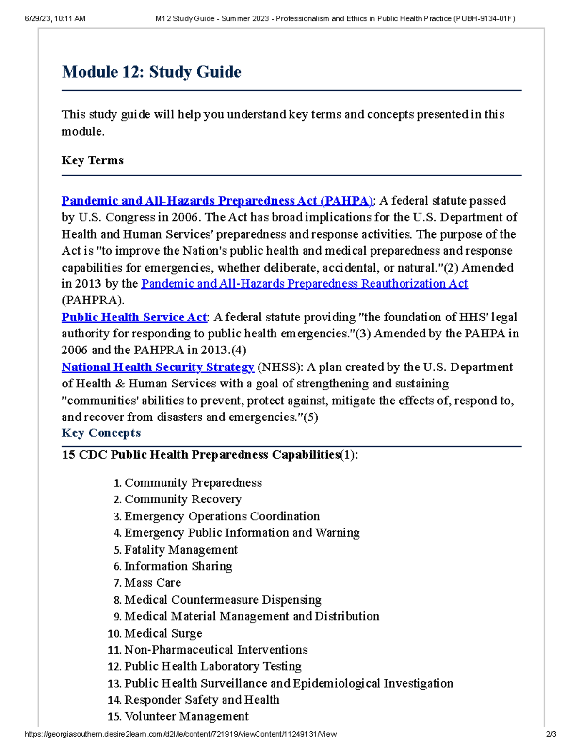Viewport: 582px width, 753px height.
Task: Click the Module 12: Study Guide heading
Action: [x=151, y=72]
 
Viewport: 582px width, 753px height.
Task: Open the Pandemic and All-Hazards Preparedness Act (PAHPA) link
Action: [x=217, y=201]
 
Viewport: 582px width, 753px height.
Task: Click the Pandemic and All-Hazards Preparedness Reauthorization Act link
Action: [x=304, y=284]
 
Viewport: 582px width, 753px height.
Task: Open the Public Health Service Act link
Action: [x=134, y=317]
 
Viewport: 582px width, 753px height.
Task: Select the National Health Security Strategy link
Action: [x=158, y=367]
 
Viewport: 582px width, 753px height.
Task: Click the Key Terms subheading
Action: [x=92, y=160]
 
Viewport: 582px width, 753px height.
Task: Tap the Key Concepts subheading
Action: [x=101, y=433]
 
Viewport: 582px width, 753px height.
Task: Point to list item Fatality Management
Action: [x=180, y=550]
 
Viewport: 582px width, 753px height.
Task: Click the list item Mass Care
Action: [x=152, y=583]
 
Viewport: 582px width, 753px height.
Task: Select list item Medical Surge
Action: [x=163, y=633]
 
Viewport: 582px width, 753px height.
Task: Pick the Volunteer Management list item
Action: [x=186, y=716]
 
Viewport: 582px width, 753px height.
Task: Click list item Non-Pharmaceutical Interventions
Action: [x=216, y=650]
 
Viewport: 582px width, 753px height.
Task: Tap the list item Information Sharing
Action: [x=178, y=566]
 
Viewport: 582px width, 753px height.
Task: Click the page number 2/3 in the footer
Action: [x=550, y=734]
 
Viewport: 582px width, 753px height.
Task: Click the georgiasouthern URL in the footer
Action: [x=180, y=734]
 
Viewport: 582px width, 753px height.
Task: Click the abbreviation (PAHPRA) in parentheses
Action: [x=93, y=300]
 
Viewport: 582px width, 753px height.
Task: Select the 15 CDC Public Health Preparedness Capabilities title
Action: [x=210, y=455]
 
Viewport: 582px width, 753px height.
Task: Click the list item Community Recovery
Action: [x=183, y=499]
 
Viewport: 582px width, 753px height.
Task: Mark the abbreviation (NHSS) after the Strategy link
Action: [x=280, y=367]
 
